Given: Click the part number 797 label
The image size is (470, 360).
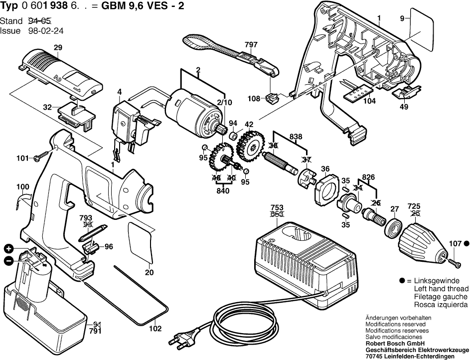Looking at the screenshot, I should click(251, 45).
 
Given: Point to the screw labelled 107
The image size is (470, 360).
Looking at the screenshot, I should click(454, 261).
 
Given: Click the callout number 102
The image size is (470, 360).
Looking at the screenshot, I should click(155, 329).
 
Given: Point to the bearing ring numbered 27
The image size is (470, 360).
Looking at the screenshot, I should click(394, 227).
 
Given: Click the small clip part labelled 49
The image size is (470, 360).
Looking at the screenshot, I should click(404, 91).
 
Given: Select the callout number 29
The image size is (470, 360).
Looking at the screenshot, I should click(58, 48).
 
